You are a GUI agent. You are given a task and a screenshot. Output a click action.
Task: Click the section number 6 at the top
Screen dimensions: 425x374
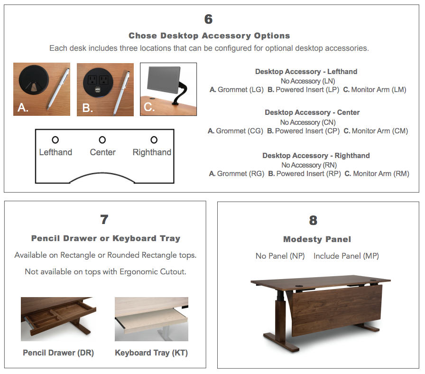coord(208,19)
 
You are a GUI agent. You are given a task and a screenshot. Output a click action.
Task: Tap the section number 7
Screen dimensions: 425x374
coord(104,219)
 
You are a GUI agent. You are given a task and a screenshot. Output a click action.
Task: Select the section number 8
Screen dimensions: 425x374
coord(313,220)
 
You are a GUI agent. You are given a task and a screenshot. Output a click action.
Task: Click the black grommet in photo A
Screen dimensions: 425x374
coord(34,80)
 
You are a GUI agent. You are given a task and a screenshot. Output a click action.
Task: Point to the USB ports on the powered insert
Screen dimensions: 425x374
coord(97,89)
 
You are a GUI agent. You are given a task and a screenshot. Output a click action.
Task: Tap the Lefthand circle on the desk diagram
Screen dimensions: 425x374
coord(55,140)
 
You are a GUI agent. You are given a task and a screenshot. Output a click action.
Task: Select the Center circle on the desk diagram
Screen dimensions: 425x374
coord(102,140)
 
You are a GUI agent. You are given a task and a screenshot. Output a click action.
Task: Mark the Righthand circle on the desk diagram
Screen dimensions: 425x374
coord(154,140)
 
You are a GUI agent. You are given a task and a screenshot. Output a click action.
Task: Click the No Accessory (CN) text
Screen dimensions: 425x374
coord(308,122)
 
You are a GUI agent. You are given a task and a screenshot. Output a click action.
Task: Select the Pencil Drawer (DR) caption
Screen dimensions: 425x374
coord(58,353)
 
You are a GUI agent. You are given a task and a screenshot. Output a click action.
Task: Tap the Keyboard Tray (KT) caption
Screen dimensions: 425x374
coord(151,353)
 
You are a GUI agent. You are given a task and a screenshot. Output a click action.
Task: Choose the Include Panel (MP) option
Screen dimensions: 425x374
coord(346,256)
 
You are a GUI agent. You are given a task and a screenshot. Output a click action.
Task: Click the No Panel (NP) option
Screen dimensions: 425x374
coord(280,256)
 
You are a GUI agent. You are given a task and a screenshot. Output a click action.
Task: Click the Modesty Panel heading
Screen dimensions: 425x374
coord(317,239)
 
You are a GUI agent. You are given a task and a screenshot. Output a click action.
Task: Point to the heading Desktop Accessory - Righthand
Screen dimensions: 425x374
coord(316,155)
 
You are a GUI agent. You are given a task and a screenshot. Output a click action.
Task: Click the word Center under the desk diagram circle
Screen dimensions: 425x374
coord(103,152)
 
